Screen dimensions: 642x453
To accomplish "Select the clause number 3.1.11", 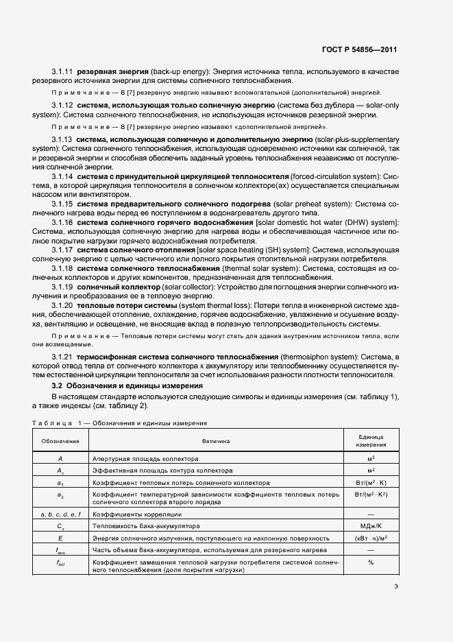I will [63, 71].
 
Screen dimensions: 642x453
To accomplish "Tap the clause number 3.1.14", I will [63, 176].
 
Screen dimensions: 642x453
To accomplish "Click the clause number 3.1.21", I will [63, 358].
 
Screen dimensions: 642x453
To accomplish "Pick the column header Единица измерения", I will [370, 441].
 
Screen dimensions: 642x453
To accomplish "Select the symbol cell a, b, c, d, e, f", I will [60, 514].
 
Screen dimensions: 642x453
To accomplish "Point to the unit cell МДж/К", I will [370, 526].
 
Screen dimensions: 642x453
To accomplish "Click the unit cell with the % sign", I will [370, 562].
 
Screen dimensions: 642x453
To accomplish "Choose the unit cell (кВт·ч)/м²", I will [370, 538].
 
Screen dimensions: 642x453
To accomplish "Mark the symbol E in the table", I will [60, 538].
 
